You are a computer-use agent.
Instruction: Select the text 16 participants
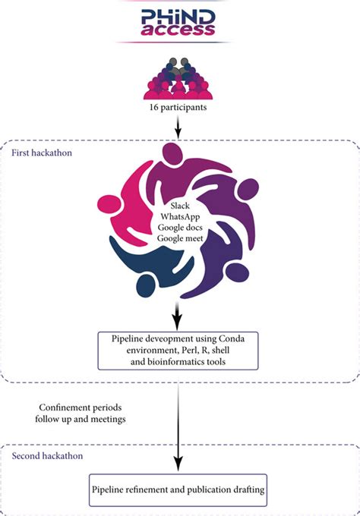pos(179,108)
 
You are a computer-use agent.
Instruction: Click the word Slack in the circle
pos(179,206)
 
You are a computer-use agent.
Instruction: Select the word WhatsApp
pos(179,217)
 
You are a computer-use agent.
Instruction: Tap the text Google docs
pos(179,228)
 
